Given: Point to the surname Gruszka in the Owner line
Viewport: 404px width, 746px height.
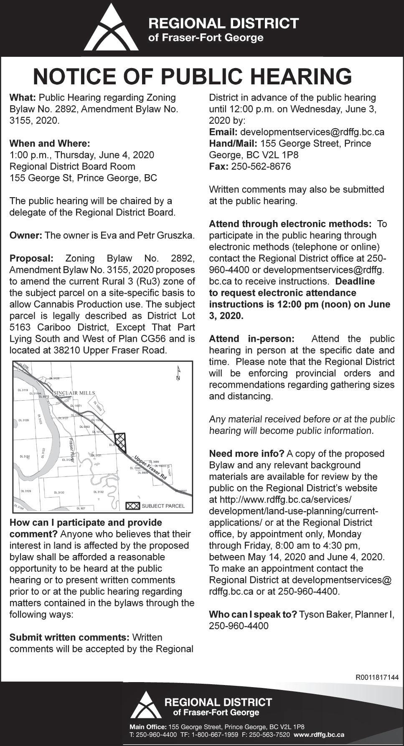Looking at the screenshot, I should (x=178, y=235).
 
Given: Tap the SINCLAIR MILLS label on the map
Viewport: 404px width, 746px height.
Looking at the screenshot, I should (x=75, y=393).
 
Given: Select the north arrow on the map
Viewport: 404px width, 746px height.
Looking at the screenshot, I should (x=178, y=375).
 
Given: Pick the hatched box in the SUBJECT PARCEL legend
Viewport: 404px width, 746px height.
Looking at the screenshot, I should (x=132, y=506).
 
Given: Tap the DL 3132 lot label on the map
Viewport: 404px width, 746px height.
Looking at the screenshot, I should (x=99, y=492).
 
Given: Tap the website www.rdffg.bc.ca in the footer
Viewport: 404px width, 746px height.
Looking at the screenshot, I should (x=319, y=734).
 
